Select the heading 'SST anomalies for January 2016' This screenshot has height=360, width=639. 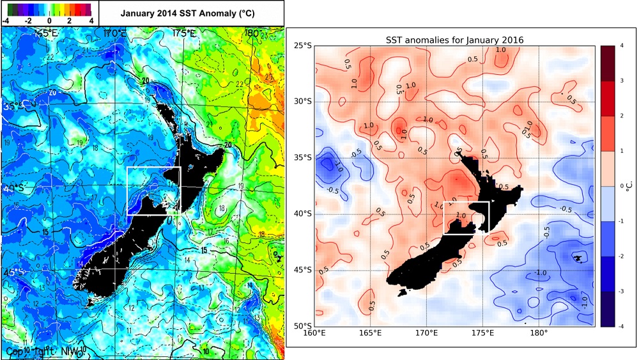tap(455, 40)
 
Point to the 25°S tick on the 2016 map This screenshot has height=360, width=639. tap(302, 46)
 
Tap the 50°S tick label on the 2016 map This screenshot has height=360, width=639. tap(302, 326)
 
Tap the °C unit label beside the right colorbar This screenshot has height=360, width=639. tap(628, 186)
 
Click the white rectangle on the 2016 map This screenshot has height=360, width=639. tap(466, 217)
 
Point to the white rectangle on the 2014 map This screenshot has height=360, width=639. tap(153, 191)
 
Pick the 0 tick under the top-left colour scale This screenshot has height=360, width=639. tap(49, 20)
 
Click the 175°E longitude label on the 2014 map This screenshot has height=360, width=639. tap(184, 33)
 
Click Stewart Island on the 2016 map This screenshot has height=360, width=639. tap(401, 292)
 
